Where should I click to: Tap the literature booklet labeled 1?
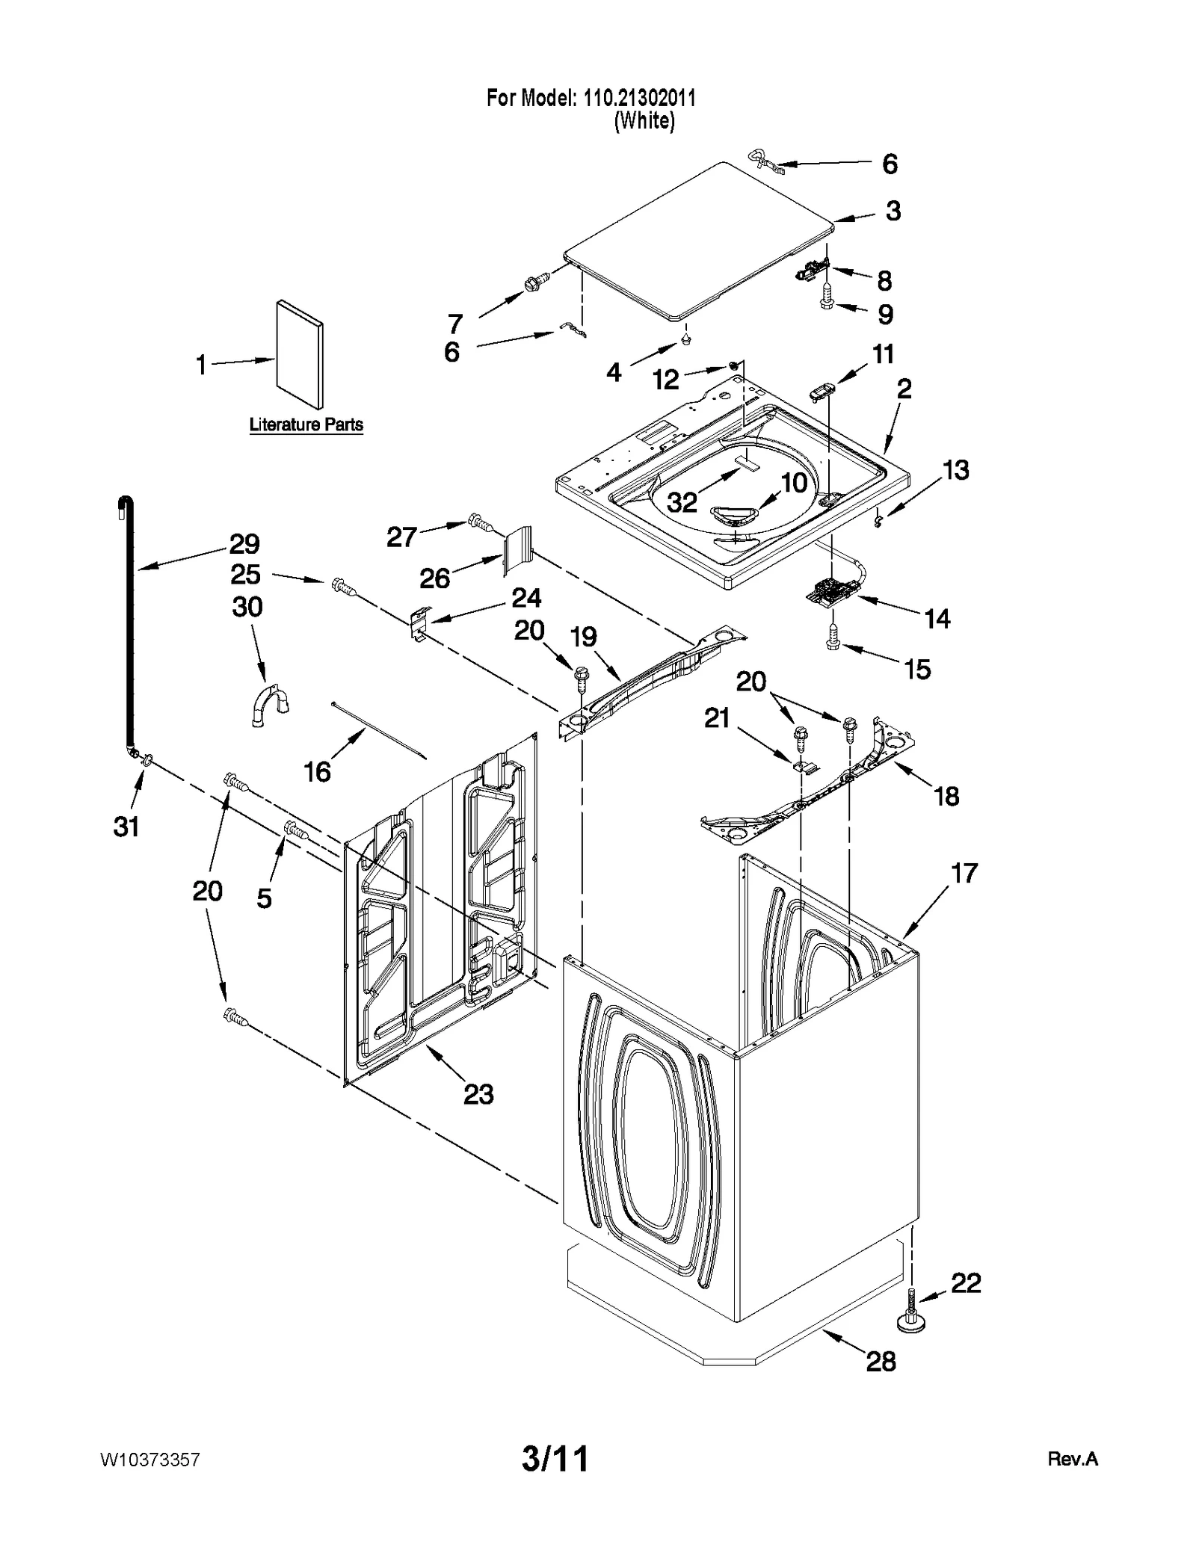pyautogui.click(x=300, y=355)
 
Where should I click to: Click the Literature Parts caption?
pyautogui.click(x=306, y=424)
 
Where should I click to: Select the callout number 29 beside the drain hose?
pyautogui.click(x=244, y=543)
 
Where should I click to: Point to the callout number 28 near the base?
pyautogui.click(x=881, y=1361)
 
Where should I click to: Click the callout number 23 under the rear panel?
pyautogui.click(x=478, y=1094)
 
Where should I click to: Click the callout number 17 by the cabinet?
pyautogui.click(x=964, y=872)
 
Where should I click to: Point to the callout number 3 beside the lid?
pyautogui.click(x=893, y=211)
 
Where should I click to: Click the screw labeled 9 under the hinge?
pyautogui.click(x=827, y=301)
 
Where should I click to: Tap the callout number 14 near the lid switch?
pyautogui.click(x=937, y=618)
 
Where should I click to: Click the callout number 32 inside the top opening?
pyautogui.click(x=682, y=502)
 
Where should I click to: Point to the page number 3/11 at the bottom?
pyautogui.click(x=555, y=1458)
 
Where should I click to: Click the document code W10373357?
pyautogui.click(x=149, y=1460)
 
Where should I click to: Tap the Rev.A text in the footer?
pyautogui.click(x=1072, y=1459)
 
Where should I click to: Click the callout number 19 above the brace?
pyautogui.click(x=584, y=637)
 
